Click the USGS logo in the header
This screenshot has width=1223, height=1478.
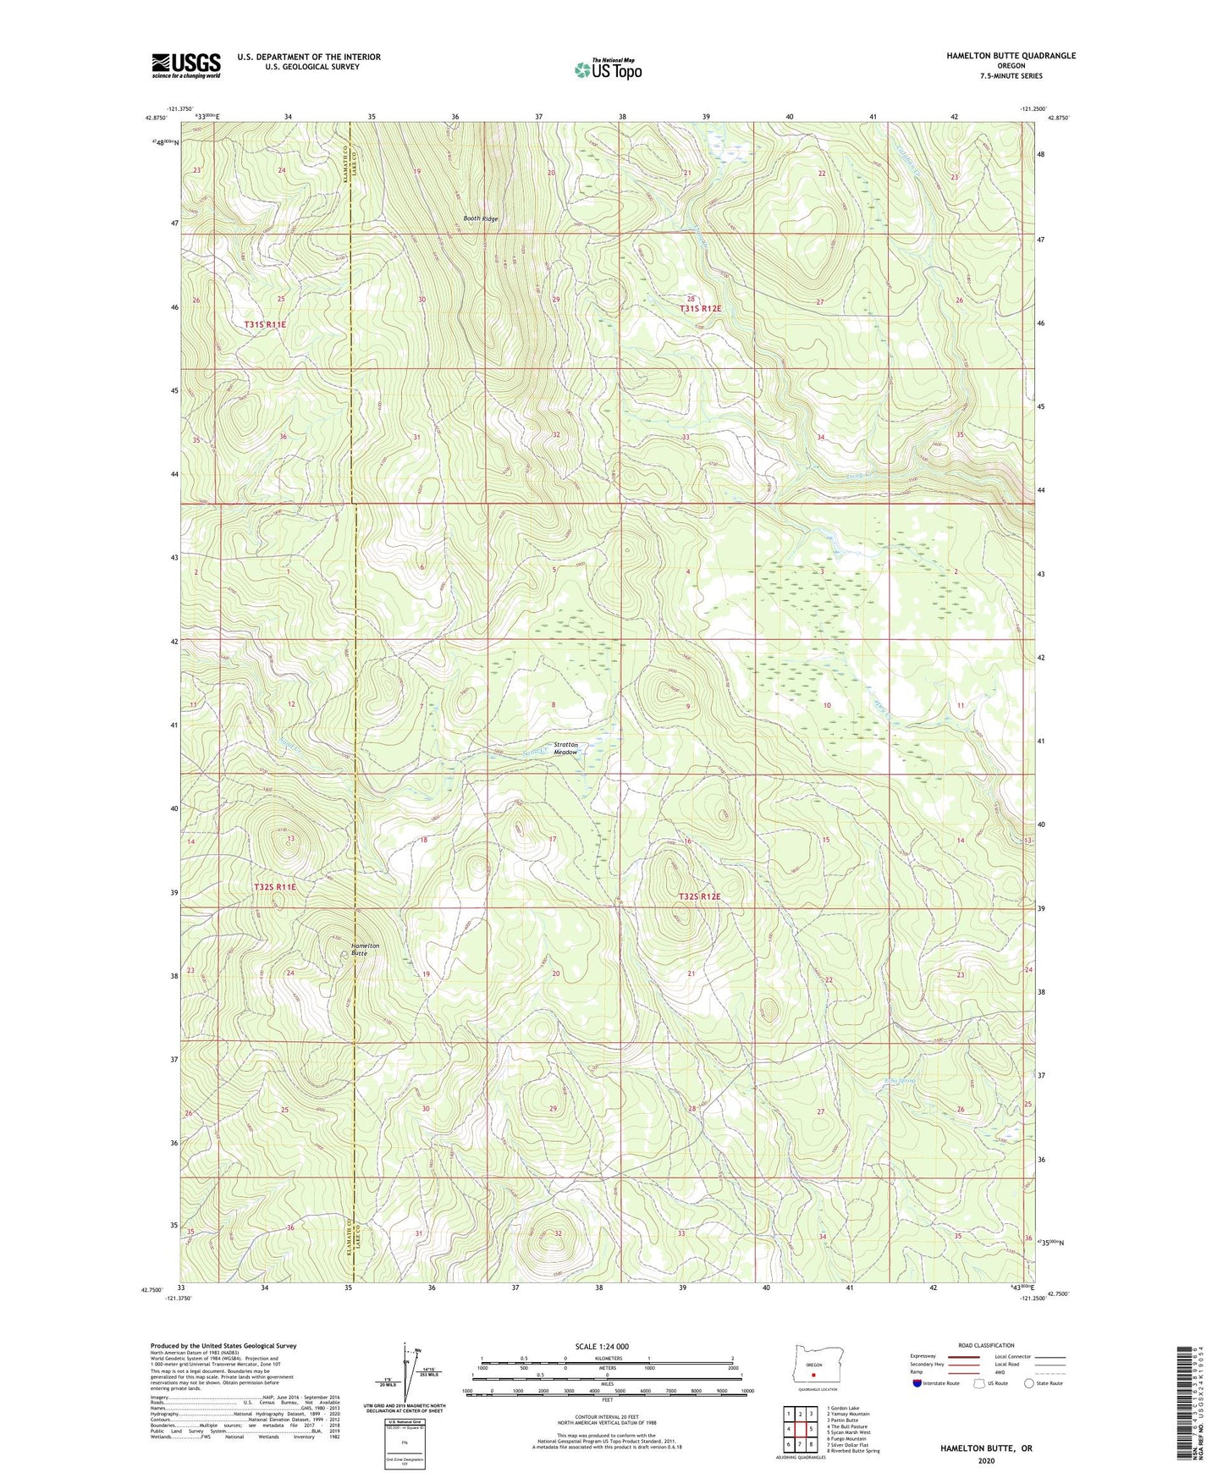point(186,65)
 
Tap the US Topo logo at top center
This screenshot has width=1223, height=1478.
point(608,69)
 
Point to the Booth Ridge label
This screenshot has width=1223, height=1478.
point(480,218)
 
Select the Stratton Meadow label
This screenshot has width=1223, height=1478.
point(565,748)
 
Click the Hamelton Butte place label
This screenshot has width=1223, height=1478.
point(365,949)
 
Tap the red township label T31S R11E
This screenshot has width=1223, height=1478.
point(265,324)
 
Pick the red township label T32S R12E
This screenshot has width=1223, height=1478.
point(699,896)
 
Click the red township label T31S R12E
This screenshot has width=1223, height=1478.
point(700,309)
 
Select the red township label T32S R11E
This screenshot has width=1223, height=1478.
point(275,887)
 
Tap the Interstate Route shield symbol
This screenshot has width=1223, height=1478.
point(917,1383)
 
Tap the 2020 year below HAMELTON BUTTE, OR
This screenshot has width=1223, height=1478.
point(985,1460)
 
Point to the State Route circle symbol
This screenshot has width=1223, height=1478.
point(1029,1383)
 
